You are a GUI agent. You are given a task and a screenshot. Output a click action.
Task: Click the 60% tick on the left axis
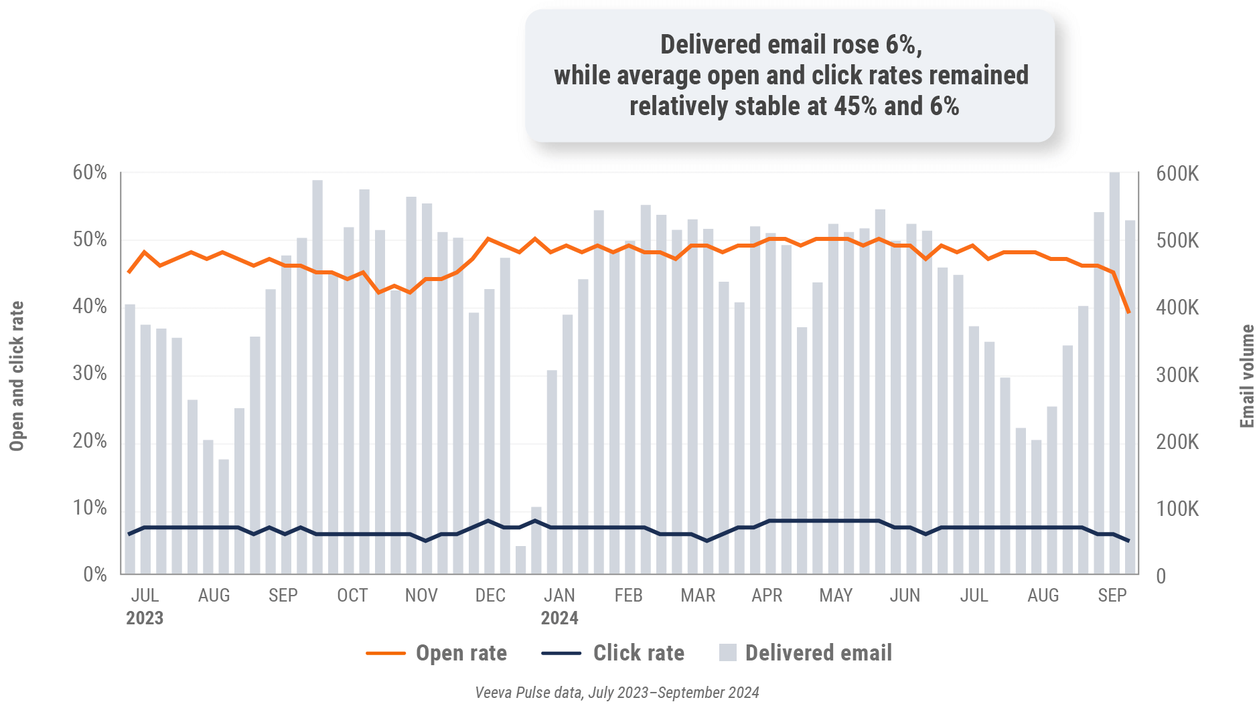coord(90,173)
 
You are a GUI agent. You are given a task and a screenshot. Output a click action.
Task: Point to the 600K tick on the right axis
coord(1177,174)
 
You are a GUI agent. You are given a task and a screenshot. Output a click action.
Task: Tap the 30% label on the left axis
coord(90,373)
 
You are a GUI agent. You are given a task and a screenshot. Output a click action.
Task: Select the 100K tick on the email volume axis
coord(1177,509)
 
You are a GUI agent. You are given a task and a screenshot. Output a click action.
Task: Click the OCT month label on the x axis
coord(352,595)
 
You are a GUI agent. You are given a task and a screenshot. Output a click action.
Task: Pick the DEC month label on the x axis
coord(490,595)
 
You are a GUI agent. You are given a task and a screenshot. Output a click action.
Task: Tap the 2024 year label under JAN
coord(559,618)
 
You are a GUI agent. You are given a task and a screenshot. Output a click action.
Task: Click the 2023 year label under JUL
coord(145,618)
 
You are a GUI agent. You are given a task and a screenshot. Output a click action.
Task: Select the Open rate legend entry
coord(437,653)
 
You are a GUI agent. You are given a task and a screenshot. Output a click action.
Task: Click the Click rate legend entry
coord(613,653)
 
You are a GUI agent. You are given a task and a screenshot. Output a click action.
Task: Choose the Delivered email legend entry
coord(805,653)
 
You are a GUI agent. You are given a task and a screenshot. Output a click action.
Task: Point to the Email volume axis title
coord(1246,376)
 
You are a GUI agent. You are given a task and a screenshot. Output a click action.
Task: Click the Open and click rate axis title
coord(17,376)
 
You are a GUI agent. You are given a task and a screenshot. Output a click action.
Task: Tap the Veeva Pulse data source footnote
coord(617,693)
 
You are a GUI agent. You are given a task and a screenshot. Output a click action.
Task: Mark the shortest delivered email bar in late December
coord(520,560)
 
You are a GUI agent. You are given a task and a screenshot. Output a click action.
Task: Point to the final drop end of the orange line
coord(1129,313)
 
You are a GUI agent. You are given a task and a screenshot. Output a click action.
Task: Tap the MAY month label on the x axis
coord(836,595)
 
